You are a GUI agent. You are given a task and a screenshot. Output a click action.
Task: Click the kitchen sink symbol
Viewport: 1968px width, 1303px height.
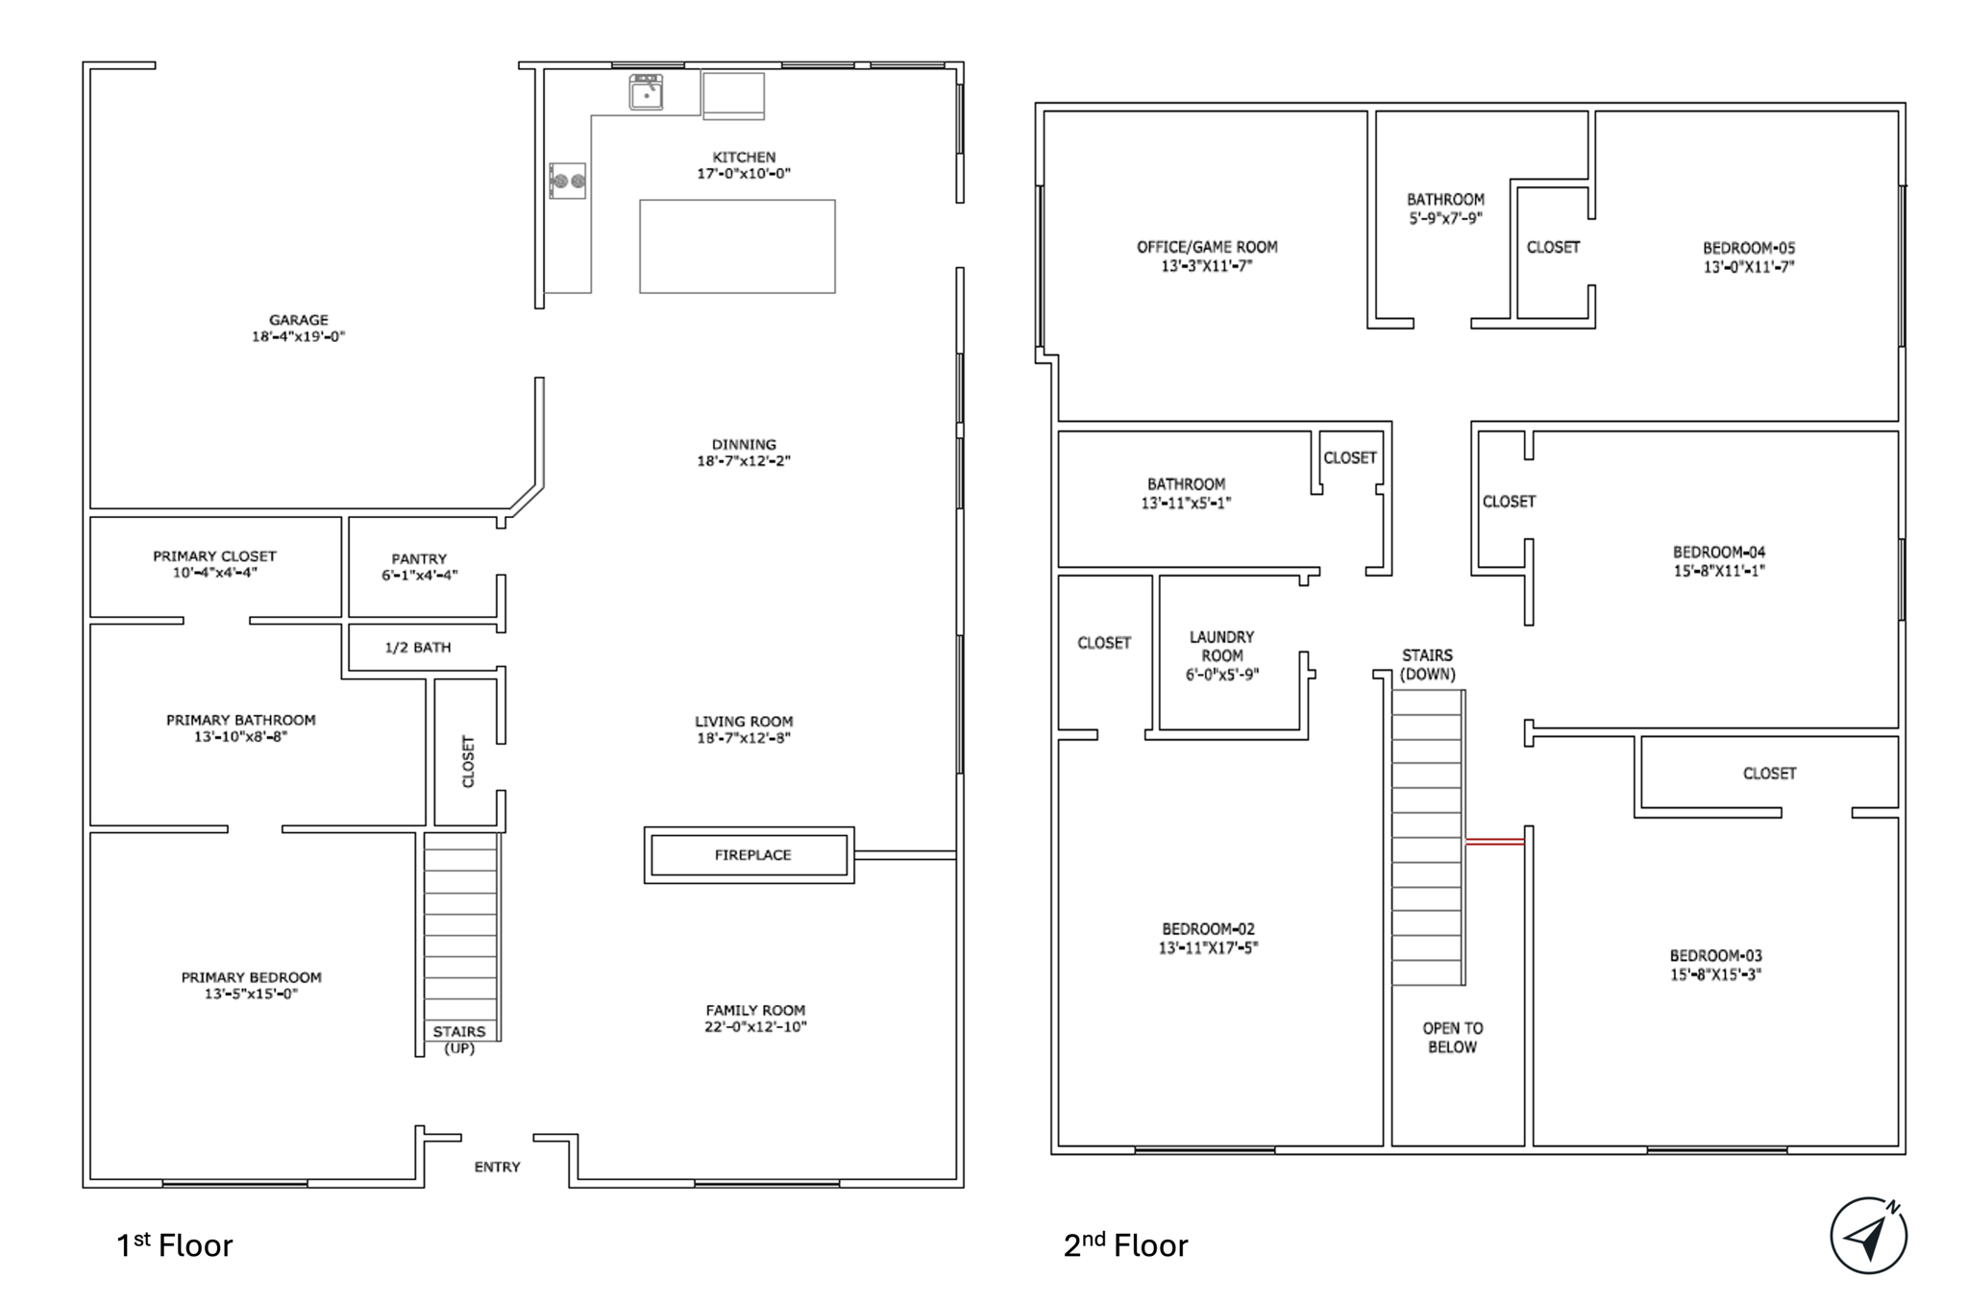click(x=646, y=92)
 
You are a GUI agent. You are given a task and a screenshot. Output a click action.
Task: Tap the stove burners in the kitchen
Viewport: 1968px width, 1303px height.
click(x=567, y=181)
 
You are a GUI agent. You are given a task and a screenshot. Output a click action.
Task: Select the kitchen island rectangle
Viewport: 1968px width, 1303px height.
click(x=737, y=246)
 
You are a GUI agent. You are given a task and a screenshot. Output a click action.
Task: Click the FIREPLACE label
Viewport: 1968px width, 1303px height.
click(x=752, y=854)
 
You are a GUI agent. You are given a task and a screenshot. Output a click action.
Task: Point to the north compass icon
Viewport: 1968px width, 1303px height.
click(x=1868, y=1236)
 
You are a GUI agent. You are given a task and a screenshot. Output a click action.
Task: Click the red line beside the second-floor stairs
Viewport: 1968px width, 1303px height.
click(x=1495, y=842)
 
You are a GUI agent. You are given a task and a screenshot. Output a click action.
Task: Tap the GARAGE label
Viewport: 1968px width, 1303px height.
click(x=298, y=320)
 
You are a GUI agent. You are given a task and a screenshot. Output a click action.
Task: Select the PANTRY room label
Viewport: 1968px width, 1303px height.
click(x=419, y=558)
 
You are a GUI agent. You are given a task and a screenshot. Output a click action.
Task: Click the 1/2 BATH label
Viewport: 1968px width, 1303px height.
click(x=417, y=648)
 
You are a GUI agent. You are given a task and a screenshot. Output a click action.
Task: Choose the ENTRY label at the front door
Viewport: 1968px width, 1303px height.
click(x=497, y=1167)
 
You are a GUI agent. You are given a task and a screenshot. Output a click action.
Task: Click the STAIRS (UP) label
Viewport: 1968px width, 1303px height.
click(x=459, y=1040)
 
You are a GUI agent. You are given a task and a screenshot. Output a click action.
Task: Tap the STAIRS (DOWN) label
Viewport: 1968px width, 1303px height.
click(x=1427, y=664)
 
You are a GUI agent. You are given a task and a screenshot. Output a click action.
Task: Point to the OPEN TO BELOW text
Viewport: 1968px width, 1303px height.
click(x=1452, y=1038)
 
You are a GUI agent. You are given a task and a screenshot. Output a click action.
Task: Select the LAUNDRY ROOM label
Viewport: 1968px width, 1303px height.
click(x=1221, y=646)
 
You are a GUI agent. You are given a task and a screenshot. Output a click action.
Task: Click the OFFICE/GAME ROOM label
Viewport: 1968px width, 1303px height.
click(x=1207, y=247)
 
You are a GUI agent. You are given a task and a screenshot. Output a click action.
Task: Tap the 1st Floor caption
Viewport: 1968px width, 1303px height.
click(x=174, y=1244)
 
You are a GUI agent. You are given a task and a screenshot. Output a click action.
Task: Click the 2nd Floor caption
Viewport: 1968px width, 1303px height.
click(x=1125, y=1244)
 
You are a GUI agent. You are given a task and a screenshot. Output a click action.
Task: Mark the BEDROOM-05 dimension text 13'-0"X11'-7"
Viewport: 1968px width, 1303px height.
click(x=1749, y=266)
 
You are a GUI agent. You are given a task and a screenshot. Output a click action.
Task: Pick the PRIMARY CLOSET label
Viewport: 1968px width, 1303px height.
click(x=214, y=555)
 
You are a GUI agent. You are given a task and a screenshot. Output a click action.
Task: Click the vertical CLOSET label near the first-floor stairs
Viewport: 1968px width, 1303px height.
click(x=468, y=761)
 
